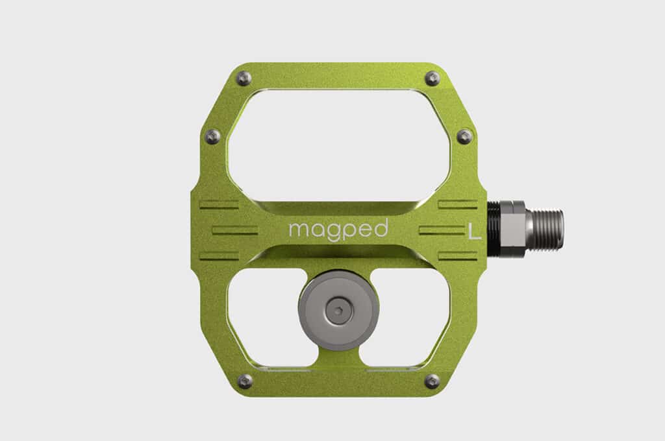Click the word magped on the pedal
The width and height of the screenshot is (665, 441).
338,230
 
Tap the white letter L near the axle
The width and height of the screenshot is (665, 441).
475,232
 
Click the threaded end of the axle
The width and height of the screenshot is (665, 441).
546,230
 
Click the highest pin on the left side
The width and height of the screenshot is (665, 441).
244,78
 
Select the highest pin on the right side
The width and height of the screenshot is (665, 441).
432,78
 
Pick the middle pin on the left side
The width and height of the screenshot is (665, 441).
212,136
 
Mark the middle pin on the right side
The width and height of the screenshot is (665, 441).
464,136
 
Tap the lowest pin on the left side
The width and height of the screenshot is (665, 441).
245,381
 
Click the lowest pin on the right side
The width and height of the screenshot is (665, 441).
431,381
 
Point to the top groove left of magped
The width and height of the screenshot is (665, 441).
220,205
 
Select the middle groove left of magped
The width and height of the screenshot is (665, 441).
234,230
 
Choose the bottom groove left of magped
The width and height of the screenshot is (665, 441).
220,256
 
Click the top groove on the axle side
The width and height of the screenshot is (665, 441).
458,205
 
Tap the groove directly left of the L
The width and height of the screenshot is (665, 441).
442,230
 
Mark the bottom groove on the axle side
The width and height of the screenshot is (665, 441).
458,256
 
